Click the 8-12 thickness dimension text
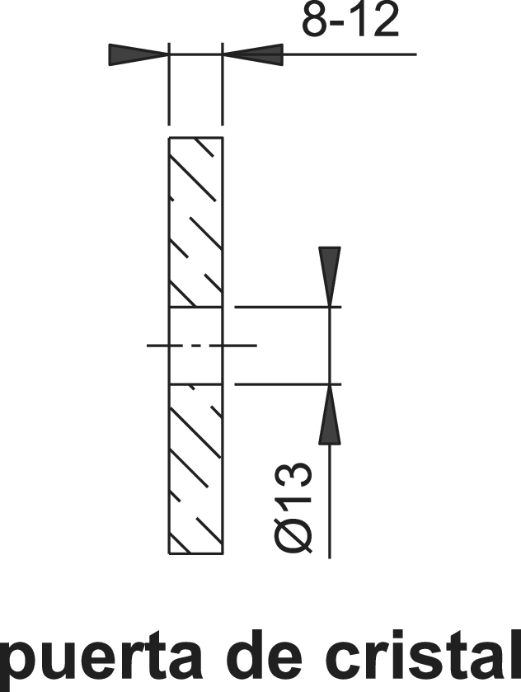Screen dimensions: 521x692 click(x=350, y=21)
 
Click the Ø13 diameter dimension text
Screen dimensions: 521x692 click(x=293, y=507)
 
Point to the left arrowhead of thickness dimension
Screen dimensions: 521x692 click(x=138, y=54)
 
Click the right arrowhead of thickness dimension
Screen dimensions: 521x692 click(x=253, y=54)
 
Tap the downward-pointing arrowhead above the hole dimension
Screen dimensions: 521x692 click(x=330, y=276)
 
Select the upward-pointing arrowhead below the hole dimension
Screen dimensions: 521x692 click(x=330, y=414)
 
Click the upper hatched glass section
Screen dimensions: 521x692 click(x=196, y=222)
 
